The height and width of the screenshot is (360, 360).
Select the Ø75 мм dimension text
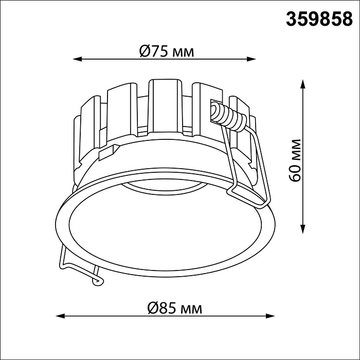point(167,51)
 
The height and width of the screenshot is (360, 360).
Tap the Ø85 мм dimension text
point(174,308)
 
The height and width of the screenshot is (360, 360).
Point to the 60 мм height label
point(295,159)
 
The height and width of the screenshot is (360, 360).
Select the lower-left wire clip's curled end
point(96,280)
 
